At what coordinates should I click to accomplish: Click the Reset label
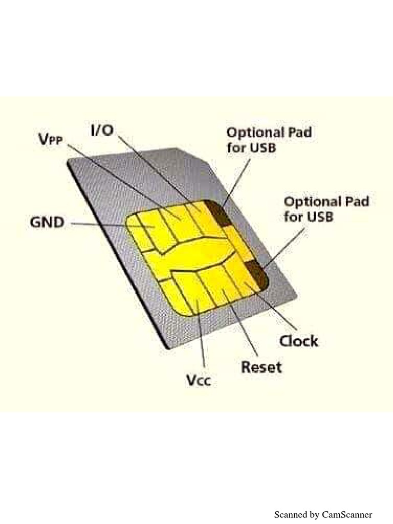261,367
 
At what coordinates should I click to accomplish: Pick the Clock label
298,340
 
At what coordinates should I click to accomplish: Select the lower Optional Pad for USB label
326,209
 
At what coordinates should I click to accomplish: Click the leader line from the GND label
97,224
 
